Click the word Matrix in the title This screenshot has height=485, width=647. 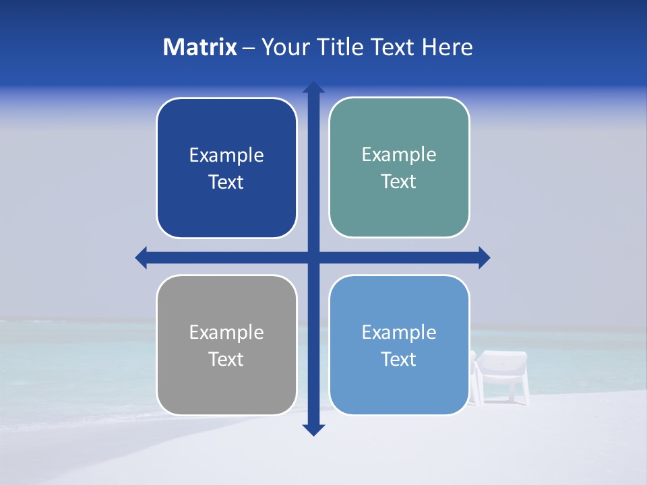(200, 47)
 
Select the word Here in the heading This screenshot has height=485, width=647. (448, 47)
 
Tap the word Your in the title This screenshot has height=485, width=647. (286, 47)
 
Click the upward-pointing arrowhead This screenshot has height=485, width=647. (313, 88)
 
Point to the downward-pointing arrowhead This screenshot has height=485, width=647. (313, 429)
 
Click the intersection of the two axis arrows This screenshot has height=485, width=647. (313, 257)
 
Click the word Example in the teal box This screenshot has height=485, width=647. (399, 154)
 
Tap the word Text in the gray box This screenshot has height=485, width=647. (226, 359)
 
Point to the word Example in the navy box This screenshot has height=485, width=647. (226, 155)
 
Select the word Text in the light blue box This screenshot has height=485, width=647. (399, 359)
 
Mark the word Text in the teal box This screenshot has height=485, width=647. (399, 181)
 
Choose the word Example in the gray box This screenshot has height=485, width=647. (226, 332)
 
